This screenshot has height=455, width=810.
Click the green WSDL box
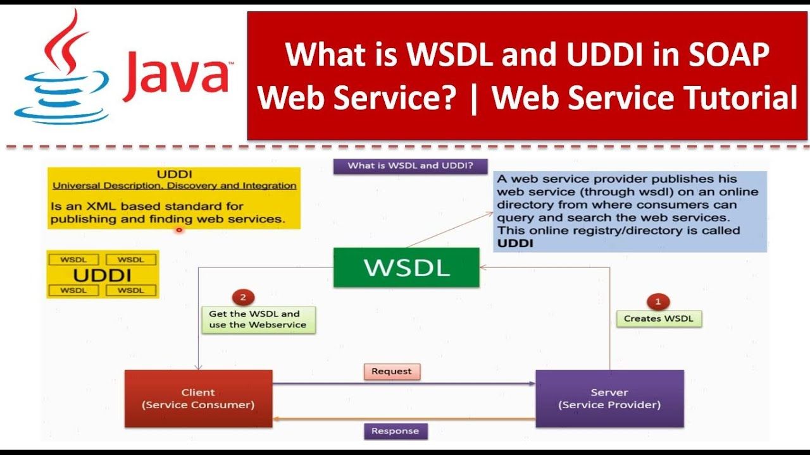point(406,267)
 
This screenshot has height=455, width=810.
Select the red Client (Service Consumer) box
point(199,399)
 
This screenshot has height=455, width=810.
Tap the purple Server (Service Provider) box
point(609,399)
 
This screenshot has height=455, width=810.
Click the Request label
point(392,372)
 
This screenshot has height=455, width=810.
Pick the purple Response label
point(395,431)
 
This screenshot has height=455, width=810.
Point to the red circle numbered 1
point(658,301)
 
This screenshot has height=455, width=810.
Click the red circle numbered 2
point(243,297)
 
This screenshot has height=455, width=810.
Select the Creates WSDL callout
point(659,318)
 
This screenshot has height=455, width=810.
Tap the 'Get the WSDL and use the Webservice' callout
point(258,320)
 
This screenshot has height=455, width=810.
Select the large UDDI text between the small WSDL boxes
point(103,276)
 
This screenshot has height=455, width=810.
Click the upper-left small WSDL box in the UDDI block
point(73,260)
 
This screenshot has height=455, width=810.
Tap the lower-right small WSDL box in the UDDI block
point(131,290)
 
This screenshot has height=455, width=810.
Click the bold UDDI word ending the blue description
point(515,243)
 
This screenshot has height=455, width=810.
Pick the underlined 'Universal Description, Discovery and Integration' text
point(174,186)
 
